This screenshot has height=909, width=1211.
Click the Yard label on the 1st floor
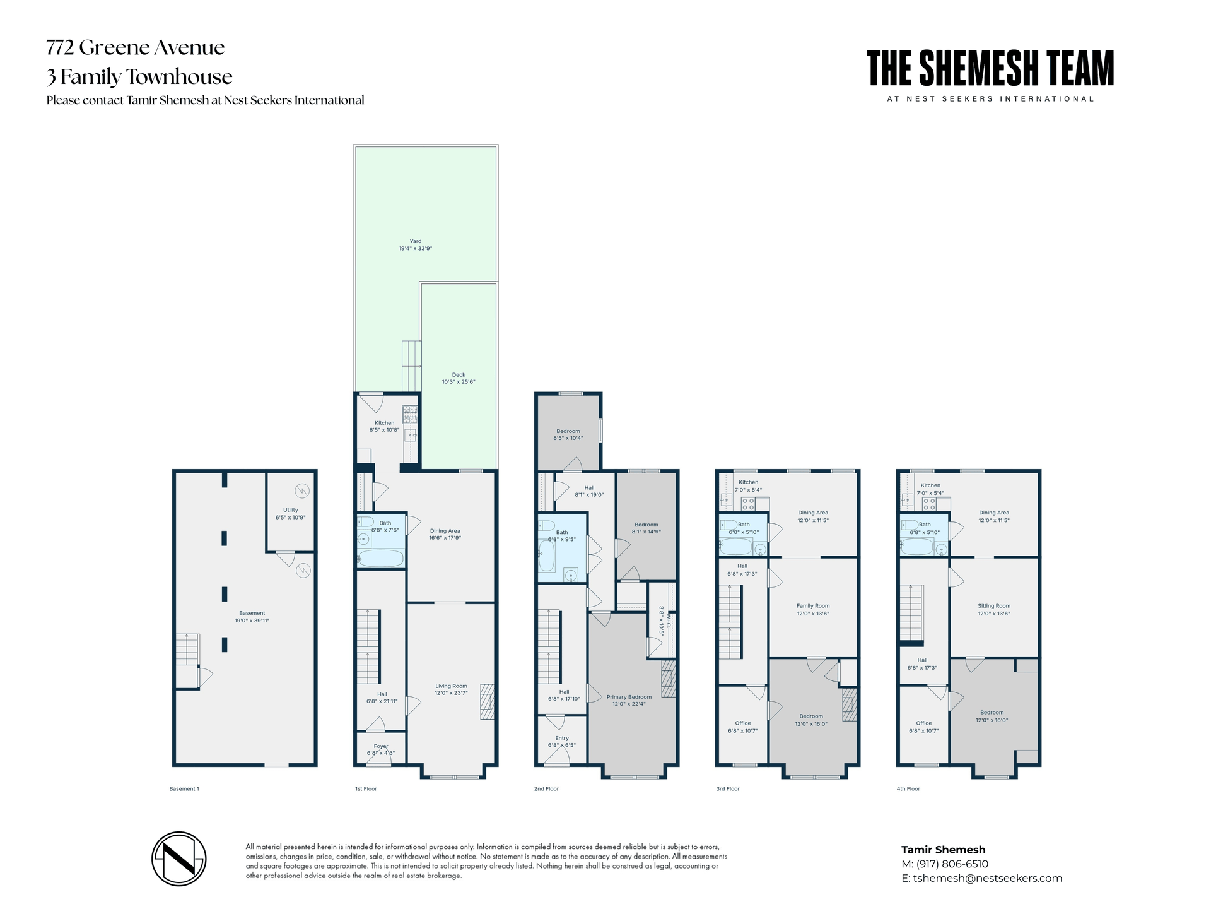coord(415,241)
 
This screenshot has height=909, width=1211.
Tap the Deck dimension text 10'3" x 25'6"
coord(459,382)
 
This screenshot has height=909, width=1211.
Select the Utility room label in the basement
coord(290,510)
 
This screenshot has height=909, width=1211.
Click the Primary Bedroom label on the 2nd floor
coord(629,697)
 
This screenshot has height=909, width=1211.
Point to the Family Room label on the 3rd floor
coord(812,606)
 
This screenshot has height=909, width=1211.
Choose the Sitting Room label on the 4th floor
coord(994,606)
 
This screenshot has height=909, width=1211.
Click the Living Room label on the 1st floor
coord(451,686)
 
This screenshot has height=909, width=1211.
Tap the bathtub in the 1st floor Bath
coord(380,559)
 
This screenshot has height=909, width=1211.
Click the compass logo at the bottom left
coord(179,858)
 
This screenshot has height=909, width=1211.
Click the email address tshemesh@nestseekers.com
coord(987,878)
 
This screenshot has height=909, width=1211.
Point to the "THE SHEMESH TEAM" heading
coord(990,69)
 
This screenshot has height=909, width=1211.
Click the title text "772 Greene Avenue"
coord(136,47)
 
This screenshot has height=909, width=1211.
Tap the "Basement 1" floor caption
coord(184,789)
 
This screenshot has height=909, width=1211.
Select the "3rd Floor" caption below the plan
coord(727,789)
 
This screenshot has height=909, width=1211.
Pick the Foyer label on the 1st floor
coord(380,746)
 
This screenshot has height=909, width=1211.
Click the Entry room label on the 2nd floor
coord(561,738)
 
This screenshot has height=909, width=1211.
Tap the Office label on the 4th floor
coord(923,723)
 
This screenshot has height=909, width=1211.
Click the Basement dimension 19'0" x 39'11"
coord(252,621)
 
